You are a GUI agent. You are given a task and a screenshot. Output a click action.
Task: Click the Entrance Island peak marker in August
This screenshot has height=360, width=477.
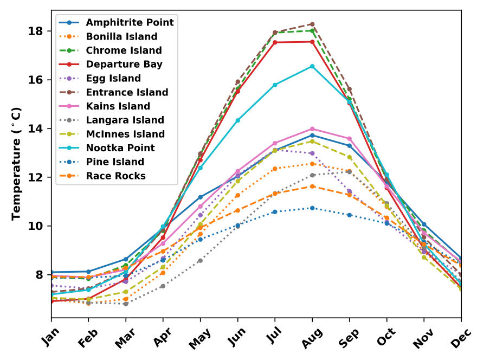[x=312, y=24]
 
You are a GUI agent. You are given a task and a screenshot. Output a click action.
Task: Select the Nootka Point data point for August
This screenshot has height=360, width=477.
[x=312, y=66]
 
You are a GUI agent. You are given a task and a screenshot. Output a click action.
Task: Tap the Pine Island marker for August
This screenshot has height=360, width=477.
[x=312, y=208]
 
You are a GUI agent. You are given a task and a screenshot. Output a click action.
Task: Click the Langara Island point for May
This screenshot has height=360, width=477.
[x=200, y=261]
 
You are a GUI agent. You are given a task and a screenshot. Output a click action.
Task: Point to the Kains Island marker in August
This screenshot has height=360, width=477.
[x=312, y=129]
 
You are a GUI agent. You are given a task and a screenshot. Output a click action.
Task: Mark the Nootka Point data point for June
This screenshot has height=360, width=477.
[x=237, y=120]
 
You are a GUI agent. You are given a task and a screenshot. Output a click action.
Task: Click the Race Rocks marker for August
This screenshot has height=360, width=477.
[x=312, y=186]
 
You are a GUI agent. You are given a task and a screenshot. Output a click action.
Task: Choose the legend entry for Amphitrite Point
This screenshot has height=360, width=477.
[x=130, y=23]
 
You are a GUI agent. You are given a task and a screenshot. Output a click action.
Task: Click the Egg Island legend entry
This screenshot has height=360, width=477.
[x=113, y=79]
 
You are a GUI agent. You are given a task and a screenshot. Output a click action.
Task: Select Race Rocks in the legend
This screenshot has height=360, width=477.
[x=115, y=176]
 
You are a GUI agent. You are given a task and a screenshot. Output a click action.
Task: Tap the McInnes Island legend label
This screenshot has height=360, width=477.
[x=125, y=134]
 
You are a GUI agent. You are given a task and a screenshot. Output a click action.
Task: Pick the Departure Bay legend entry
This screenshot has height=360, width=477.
[x=124, y=65]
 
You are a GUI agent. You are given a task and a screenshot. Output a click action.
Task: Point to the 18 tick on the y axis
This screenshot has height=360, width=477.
[x=36, y=31]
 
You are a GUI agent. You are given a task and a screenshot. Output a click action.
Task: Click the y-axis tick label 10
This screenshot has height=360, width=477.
[x=36, y=226]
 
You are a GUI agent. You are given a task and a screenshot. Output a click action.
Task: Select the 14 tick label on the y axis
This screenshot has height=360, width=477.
[x=36, y=128]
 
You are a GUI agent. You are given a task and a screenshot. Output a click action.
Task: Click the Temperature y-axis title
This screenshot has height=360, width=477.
[x=16, y=163]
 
